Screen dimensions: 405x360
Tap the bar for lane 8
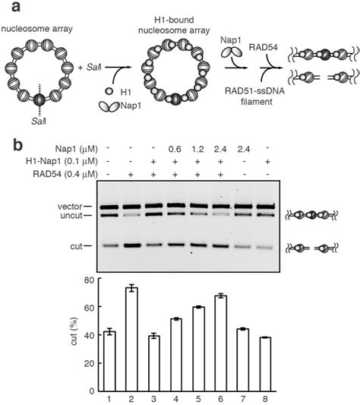tap(265, 362)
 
